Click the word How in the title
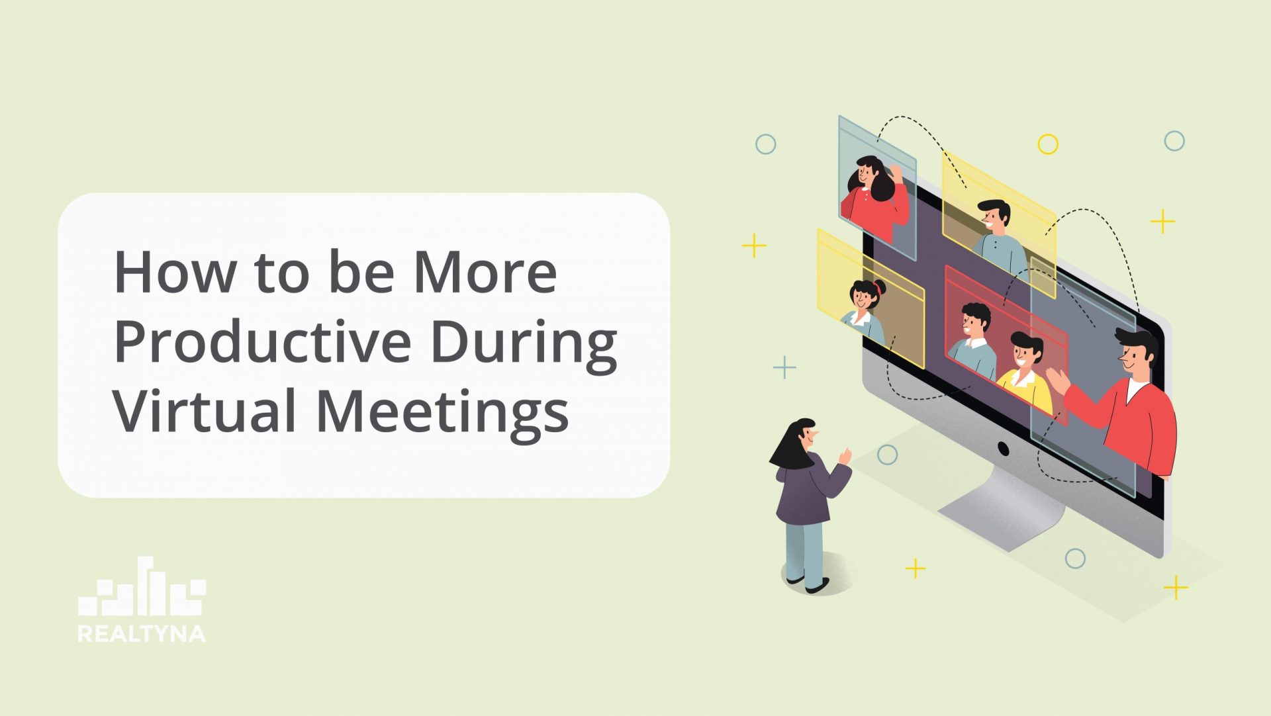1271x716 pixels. point(174,272)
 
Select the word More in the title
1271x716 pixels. point(485,272)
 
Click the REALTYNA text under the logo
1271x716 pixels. point(142,633)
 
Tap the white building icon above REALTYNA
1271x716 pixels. point(142,587)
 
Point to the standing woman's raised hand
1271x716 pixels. point(845,455)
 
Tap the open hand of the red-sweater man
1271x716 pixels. point(1057,382)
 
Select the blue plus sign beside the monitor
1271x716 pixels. point(784,367)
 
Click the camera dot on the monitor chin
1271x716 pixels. point(1003,449)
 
